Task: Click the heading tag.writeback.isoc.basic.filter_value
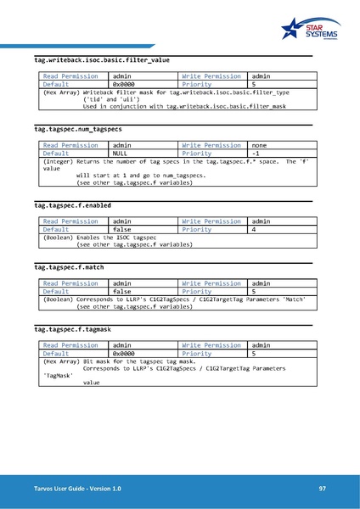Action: tap(102, 61)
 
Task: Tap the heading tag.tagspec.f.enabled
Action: tap(72, 205)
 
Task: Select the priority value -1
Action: tap(256, 154)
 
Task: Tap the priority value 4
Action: tap(254, 229)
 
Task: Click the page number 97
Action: tap(323, 489)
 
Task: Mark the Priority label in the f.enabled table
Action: tap(197, 229)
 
